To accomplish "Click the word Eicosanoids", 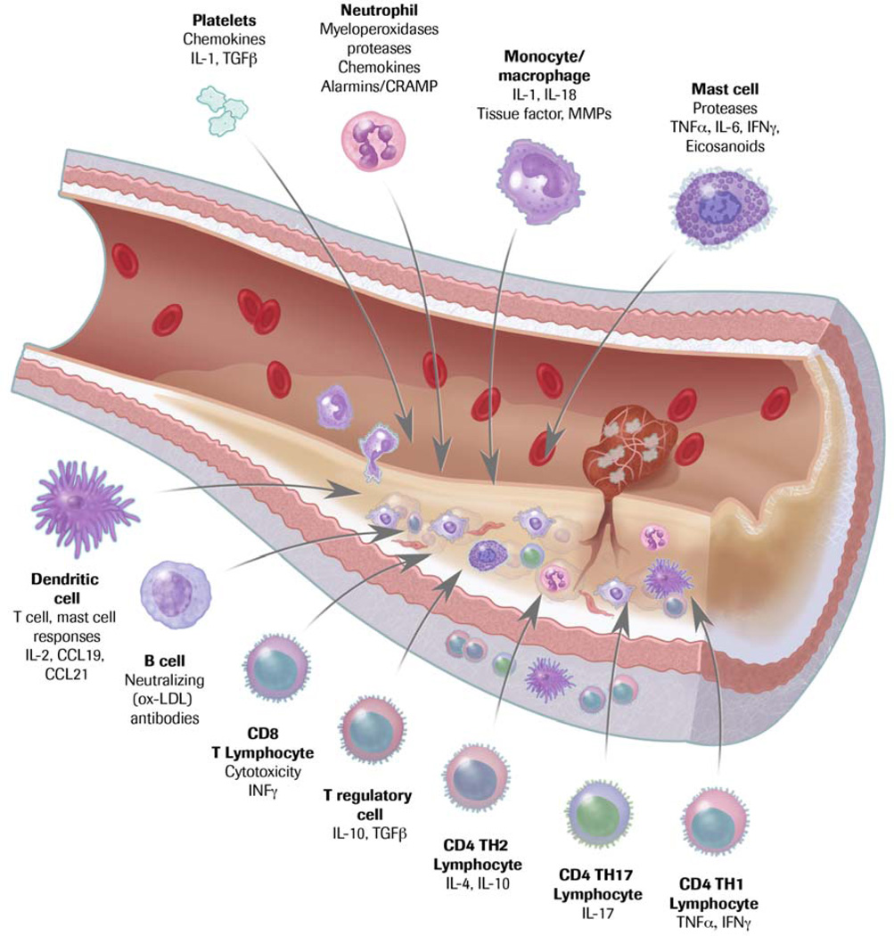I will [x=730, y=145].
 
